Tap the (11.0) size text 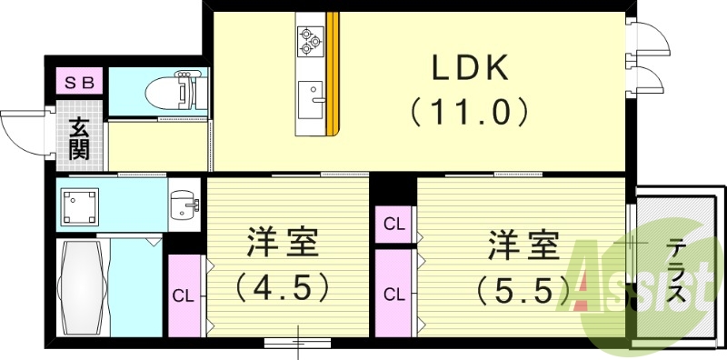pos(468,113)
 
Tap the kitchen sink pos(311,93)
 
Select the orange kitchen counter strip pos(333,73)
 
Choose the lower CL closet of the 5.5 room pos(394,294)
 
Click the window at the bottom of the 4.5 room pos(299,343)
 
